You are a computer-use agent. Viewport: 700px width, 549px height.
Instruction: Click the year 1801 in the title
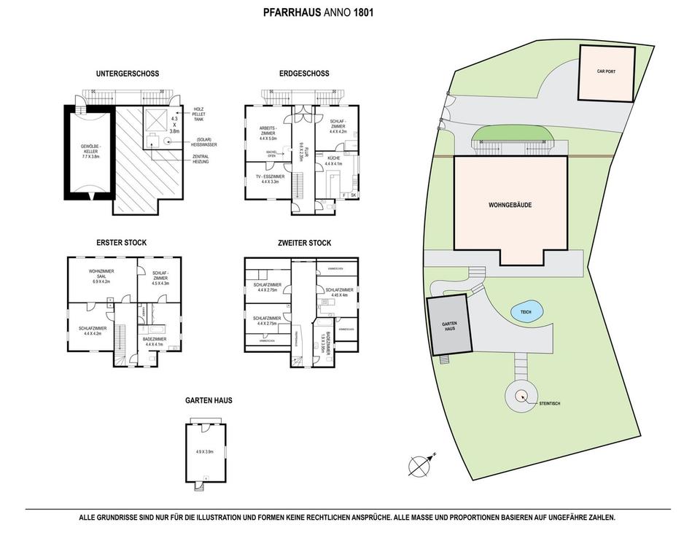click(364, 12)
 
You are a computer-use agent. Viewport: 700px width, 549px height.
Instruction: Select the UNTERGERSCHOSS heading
click(127, 74)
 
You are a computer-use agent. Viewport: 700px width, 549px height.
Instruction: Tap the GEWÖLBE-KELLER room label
click(90, 152)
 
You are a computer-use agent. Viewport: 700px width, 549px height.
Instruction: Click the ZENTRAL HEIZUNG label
click(201, 160)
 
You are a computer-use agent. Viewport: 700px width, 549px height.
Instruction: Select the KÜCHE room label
click(332, 160)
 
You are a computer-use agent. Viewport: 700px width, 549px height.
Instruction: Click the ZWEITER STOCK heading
click(304, 243)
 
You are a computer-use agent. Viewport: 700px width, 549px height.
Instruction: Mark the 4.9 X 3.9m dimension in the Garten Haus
click(205, 452)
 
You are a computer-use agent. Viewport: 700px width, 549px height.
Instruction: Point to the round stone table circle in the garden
click(521, 396)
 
